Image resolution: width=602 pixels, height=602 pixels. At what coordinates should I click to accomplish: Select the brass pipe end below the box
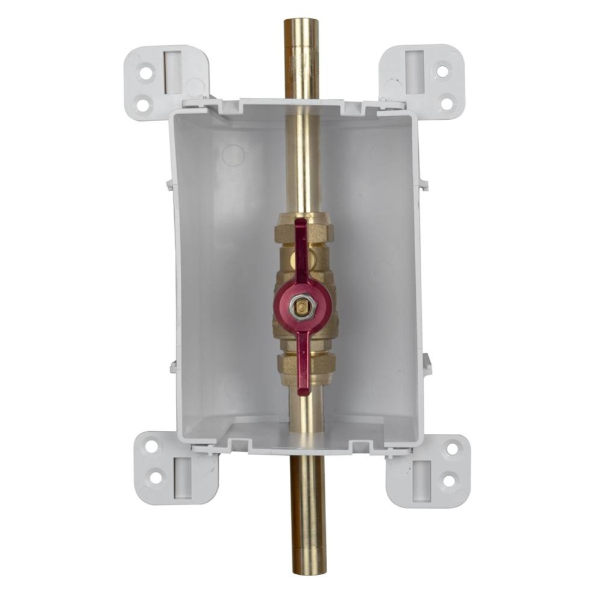click(x=308, y=566)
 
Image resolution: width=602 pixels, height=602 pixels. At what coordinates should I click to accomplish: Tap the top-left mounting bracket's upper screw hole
click(x=146, y=73)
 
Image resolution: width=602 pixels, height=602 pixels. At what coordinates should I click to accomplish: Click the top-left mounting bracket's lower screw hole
click(x=143, y=105)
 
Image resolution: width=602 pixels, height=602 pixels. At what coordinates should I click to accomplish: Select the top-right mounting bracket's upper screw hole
click(x=442, y=71)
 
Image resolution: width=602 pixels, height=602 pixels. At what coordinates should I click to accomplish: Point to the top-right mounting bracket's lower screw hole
click(x=447, y=103)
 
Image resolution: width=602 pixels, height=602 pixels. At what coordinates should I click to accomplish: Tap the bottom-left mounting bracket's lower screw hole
click(x=155, y=478)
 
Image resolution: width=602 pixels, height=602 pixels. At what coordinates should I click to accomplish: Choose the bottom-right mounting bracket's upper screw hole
click(x=451, y=448)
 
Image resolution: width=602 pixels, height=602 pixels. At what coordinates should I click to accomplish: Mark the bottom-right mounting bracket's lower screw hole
click(x=448, y=480)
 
